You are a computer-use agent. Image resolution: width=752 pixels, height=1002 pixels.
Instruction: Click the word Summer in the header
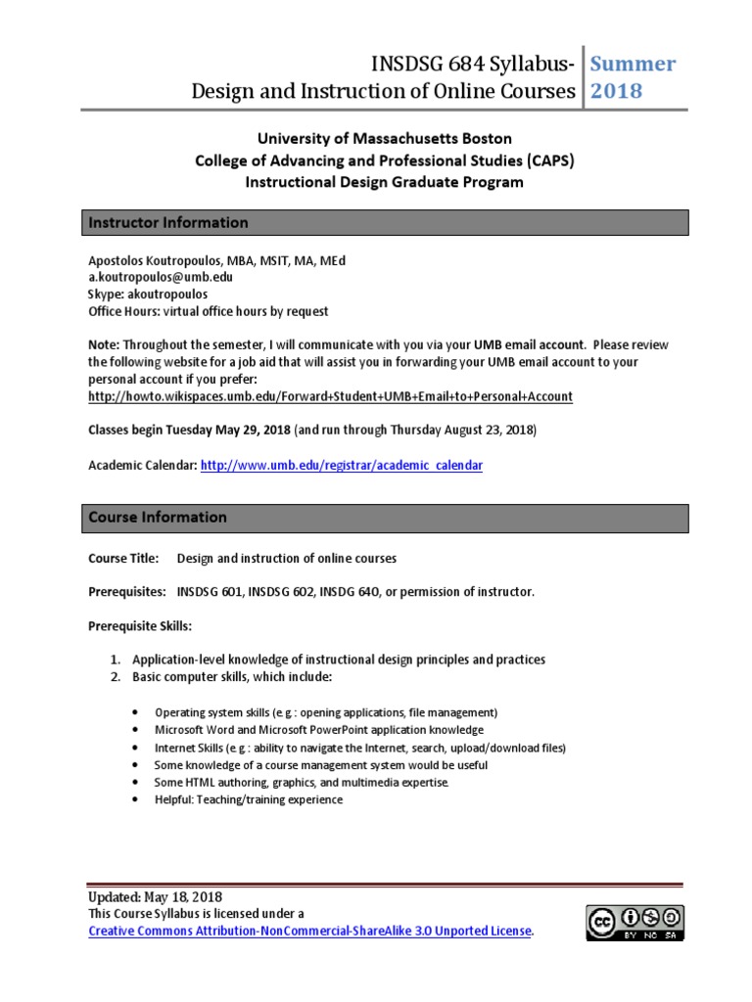(x=633, y=65)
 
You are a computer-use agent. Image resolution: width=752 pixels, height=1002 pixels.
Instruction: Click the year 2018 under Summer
(x=616, y=91)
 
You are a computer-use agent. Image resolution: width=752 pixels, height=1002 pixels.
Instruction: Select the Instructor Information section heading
(x=168, y=223)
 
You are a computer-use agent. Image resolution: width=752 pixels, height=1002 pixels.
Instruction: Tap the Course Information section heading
(x=158, y=518)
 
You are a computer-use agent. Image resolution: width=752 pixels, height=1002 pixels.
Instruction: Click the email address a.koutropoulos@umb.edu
(x=161, y=277)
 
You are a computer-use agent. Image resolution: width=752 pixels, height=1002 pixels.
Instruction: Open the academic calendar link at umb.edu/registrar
(x=341, y=466)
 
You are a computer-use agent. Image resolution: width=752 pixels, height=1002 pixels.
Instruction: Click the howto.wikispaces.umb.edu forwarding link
(x=330, y=396)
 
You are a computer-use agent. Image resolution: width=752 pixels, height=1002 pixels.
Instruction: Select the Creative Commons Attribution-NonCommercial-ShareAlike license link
(x=309, y=930)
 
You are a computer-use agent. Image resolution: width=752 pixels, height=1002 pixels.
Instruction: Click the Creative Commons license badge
(x=635, y=923)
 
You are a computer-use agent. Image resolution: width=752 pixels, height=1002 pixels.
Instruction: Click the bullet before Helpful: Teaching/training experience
(x=133, y=800)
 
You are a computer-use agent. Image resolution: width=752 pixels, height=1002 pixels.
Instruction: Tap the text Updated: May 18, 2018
(x=155, y=896)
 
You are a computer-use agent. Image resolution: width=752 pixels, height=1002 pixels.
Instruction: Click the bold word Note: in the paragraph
(x=105, y=344)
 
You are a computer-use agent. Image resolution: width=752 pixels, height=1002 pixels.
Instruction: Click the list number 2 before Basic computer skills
(x=115, y=677)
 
